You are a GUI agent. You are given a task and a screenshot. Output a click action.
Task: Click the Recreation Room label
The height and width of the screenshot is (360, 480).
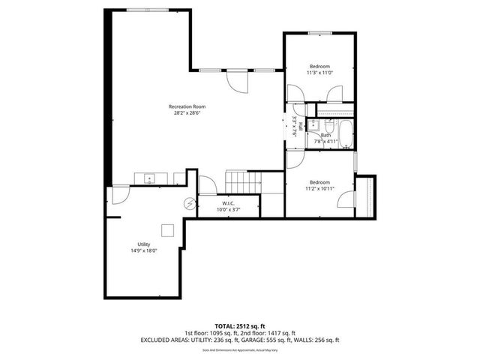tap(187, 106)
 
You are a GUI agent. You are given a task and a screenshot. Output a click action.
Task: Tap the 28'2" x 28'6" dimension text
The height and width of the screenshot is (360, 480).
tap(187, 113)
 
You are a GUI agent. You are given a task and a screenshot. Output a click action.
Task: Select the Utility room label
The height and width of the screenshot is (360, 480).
tap(143, 244)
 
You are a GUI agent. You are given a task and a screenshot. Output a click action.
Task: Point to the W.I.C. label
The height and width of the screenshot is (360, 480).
tap(229, 203)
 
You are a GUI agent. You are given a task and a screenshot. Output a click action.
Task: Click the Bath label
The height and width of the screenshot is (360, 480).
tap(325, 135)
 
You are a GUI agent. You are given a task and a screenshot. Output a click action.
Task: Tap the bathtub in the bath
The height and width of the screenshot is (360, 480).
tap(346, 132)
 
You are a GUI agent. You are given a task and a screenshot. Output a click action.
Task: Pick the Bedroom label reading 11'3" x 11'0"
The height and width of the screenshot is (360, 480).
tap(320, 67)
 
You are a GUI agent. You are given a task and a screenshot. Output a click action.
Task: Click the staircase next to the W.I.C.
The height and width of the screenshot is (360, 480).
tap(244, 181)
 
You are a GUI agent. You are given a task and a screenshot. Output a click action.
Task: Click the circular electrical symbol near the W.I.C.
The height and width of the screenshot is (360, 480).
tap(190, 203)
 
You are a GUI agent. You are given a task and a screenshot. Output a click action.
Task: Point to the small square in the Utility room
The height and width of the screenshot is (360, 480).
tap(169, 230)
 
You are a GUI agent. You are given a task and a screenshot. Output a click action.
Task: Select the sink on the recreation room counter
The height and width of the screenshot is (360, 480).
tap(150, 178)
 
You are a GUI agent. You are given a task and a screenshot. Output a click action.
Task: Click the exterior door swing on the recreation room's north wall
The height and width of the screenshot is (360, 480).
tap(235, 79)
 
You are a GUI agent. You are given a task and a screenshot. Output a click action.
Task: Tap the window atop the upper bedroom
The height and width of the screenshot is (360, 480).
tap(320, 32)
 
